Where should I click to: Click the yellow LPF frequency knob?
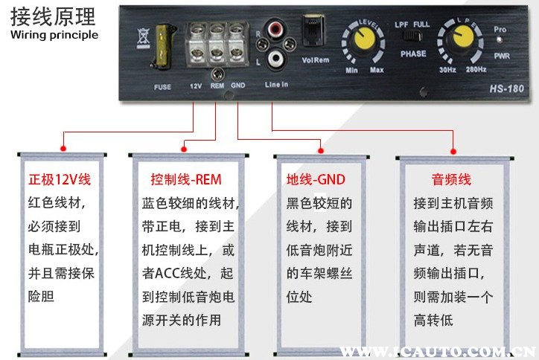[458, 42]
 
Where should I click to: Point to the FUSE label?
[162, 87]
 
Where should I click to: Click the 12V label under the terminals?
[195, 86]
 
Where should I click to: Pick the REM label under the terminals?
[217, 86]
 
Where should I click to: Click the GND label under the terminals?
[238, 86]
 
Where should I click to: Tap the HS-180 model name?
[503, 87]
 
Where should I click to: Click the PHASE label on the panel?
[413, 54]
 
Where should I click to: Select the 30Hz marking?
[447, 70]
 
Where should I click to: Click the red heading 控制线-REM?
[185, 180]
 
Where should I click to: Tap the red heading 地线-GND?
[316, 180]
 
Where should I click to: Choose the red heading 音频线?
[451, 180]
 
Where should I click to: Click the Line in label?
[276, 85]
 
